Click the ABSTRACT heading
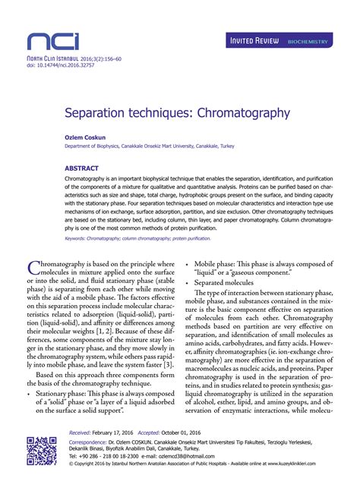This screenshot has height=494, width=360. coord(81,167)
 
